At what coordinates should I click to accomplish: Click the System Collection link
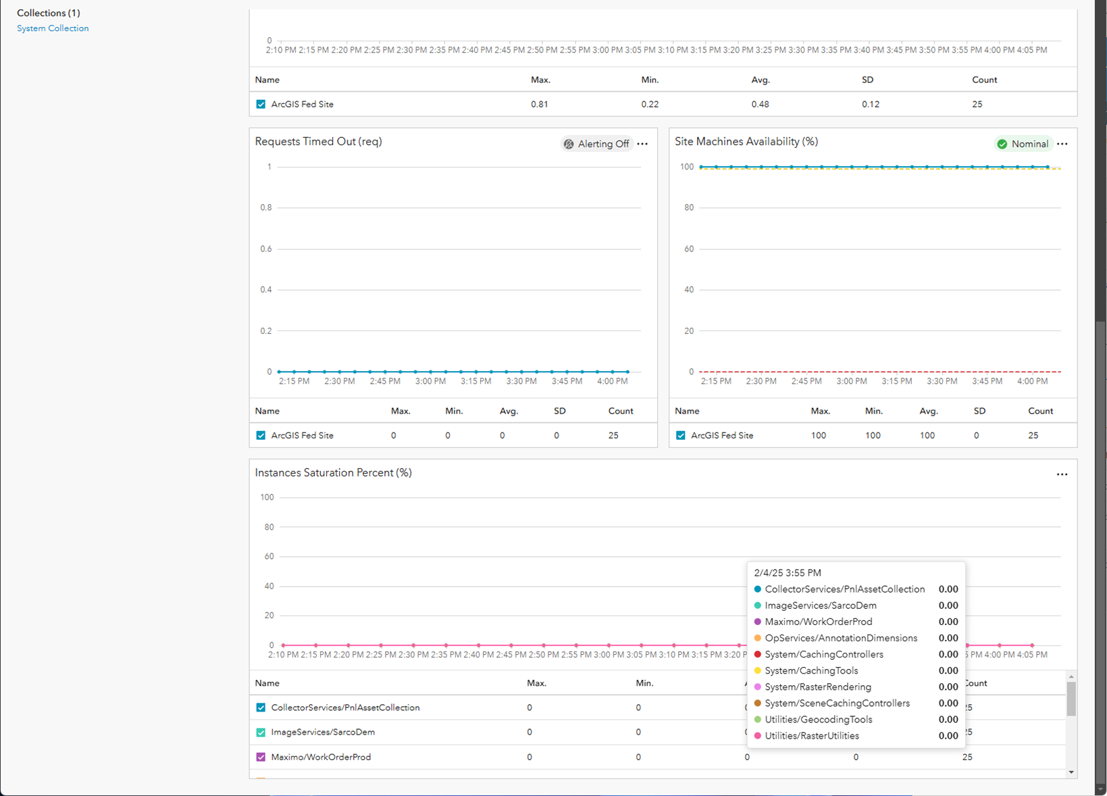[x=53, y=28]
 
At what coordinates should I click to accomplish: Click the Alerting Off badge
[x=596, y=144]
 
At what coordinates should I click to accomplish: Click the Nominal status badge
[x=1023, y=144]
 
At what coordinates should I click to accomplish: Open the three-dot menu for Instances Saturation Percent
[x=1062, y=474]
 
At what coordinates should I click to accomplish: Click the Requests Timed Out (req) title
[x=318, y=141]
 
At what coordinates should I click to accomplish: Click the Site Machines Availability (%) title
[x=746, y=141]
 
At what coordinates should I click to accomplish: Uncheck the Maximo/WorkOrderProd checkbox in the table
[x=261, y=757]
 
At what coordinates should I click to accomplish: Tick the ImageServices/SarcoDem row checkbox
[x=261, y=732]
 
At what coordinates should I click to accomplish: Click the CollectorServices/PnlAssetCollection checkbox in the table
[x=261, y=707]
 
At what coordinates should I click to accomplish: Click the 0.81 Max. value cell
[x=539, y=104]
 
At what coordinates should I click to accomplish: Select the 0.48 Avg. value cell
[x=760, y=104]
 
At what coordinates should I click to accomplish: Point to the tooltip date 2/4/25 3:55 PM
[x=788, y=572]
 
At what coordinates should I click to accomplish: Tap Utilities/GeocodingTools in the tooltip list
[x=818, y=720]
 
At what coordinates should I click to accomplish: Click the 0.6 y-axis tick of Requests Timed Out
[x=266, y=249]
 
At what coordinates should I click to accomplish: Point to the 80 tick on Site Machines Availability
[x=688, y=207]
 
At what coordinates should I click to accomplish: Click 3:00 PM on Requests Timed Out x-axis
[x=430, y=381]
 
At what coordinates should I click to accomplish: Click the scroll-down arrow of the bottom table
[x=1071, y=772]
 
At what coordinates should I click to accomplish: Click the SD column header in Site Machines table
[x=979, y=411]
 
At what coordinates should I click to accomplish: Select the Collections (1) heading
[x=48, y=13]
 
